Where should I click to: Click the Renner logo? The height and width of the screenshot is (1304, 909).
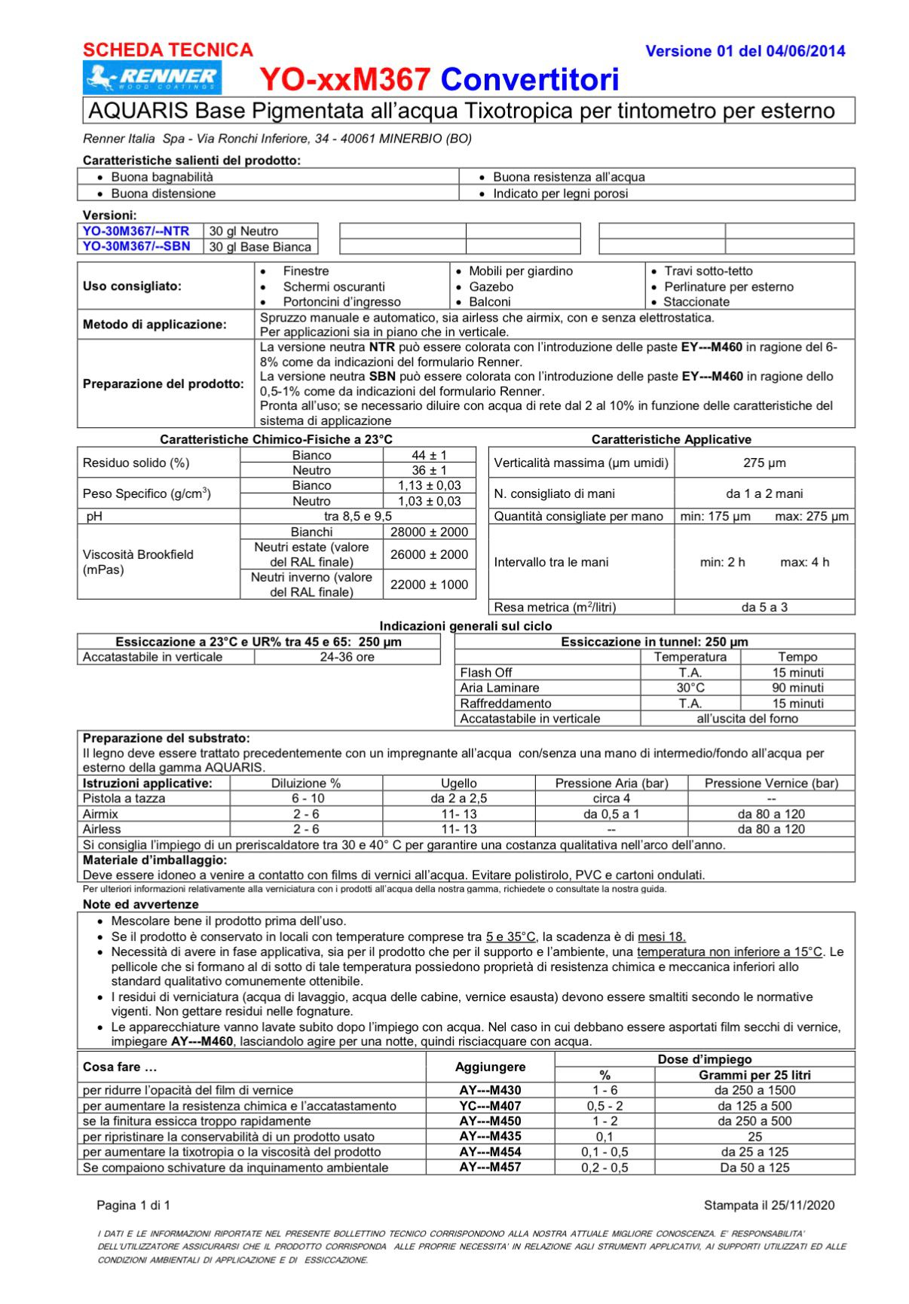(x=153, y=78)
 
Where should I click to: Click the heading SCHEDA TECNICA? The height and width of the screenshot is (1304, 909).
(x=167, y=50)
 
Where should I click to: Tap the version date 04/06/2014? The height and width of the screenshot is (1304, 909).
(x=805, y=51)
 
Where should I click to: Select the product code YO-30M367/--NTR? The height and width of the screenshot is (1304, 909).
(x=136, y=231)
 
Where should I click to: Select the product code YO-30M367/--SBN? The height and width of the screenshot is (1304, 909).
(x=136, y=246)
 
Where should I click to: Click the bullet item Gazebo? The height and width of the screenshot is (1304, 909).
(x=491, y=286)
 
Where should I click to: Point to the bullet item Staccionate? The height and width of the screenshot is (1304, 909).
(x=696, y=301)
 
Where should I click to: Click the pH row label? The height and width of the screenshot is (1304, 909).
(x=94, y=516)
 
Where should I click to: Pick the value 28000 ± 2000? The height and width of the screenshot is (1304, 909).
(x=429, y=532)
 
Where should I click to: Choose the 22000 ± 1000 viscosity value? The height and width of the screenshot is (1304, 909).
(x=429, y=585)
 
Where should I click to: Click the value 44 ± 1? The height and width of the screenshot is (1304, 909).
(x=429, y=455)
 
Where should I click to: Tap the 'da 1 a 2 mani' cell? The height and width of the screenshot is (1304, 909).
(x=764, y=493)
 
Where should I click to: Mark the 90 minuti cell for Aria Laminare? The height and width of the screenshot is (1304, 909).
(x=797, y=688)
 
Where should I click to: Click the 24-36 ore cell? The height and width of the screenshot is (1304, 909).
(x=347, y=657)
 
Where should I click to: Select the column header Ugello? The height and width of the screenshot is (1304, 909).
(x=458, y=783)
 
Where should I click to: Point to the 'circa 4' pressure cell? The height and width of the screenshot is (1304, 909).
(x=611, y=799)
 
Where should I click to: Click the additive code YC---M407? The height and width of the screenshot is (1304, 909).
(x=490, y=1106)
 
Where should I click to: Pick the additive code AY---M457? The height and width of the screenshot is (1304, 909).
(x=490, y=1167)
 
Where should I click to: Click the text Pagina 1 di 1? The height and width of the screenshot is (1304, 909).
(x=133, y=1205)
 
